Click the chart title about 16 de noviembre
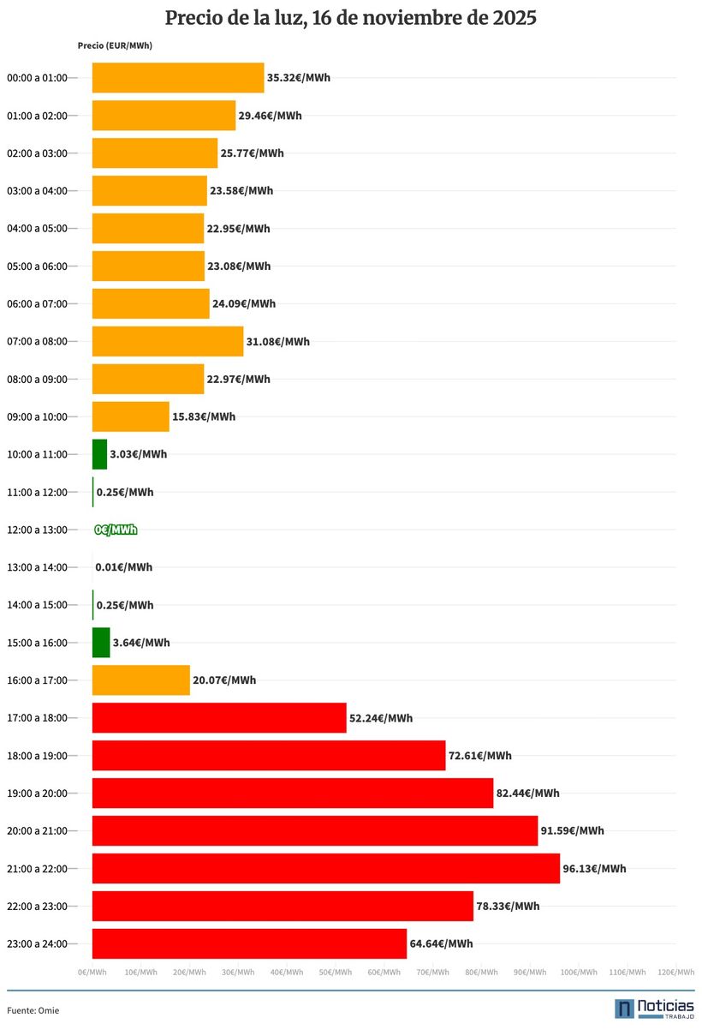350,18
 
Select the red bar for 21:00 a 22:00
325,868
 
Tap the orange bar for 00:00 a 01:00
177,78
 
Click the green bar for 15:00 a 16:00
101,643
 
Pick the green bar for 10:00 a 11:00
99,454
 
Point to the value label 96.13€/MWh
594,869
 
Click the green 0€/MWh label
116,530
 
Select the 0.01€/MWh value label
124,567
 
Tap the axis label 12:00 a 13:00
37,530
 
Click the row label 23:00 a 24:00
37,943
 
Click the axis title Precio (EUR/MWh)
114,46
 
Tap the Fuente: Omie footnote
33,1010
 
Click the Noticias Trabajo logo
654,1008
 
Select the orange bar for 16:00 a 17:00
140,680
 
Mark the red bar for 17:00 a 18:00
218,718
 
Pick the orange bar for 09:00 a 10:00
130,416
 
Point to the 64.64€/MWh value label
441,944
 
